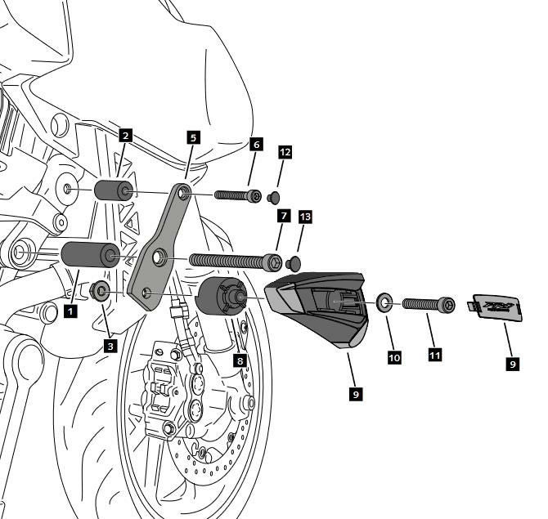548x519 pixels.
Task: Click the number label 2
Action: [x=124, y=136]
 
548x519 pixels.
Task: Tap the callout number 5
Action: [x=193, y=137]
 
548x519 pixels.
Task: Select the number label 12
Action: [x=285, y=152]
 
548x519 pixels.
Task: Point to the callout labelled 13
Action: [x=305, y=217]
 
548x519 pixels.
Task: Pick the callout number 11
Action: [x=434, y=354]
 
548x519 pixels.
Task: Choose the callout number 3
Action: [x=110, y=345]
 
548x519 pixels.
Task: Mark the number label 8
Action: [x=240, y=359]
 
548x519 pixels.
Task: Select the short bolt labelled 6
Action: [x=237, y=195]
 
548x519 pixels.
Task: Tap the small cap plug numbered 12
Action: [x=273, y=197]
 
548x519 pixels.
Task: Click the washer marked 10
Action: [x=383, y=306]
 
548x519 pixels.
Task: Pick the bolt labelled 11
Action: [x=426, y=305]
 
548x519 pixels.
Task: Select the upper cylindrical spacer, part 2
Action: [x=114, y=192]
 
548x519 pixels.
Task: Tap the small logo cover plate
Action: [x=496, y=308]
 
